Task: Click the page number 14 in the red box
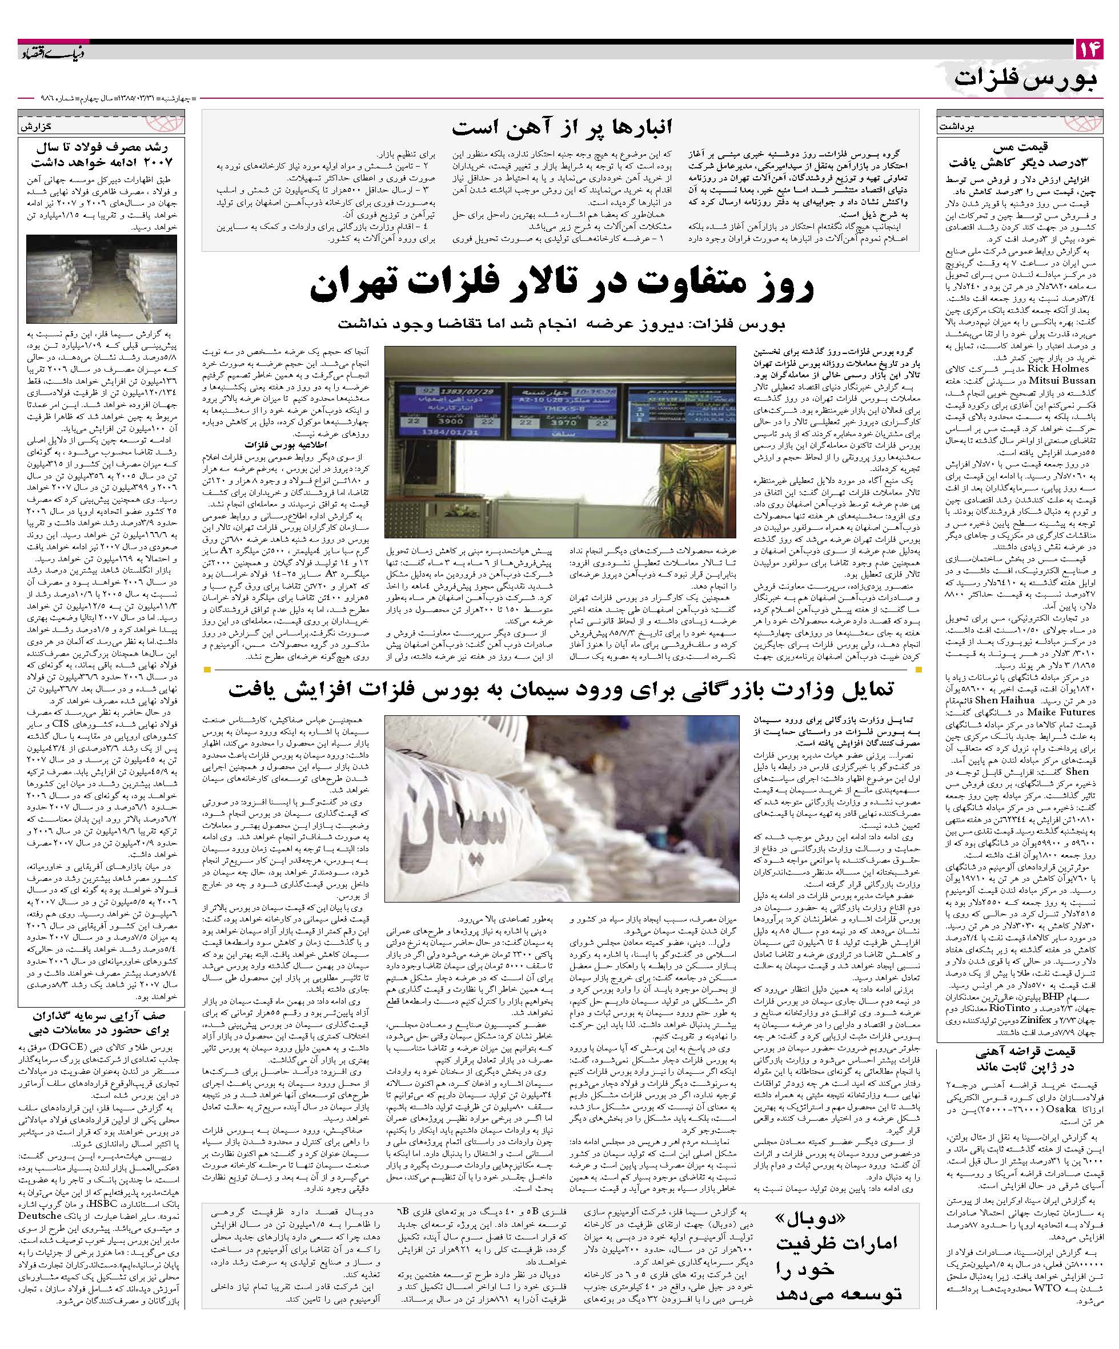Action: [x=1088, y=50]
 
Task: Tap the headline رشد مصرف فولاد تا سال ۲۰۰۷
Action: [x=102, y=152]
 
